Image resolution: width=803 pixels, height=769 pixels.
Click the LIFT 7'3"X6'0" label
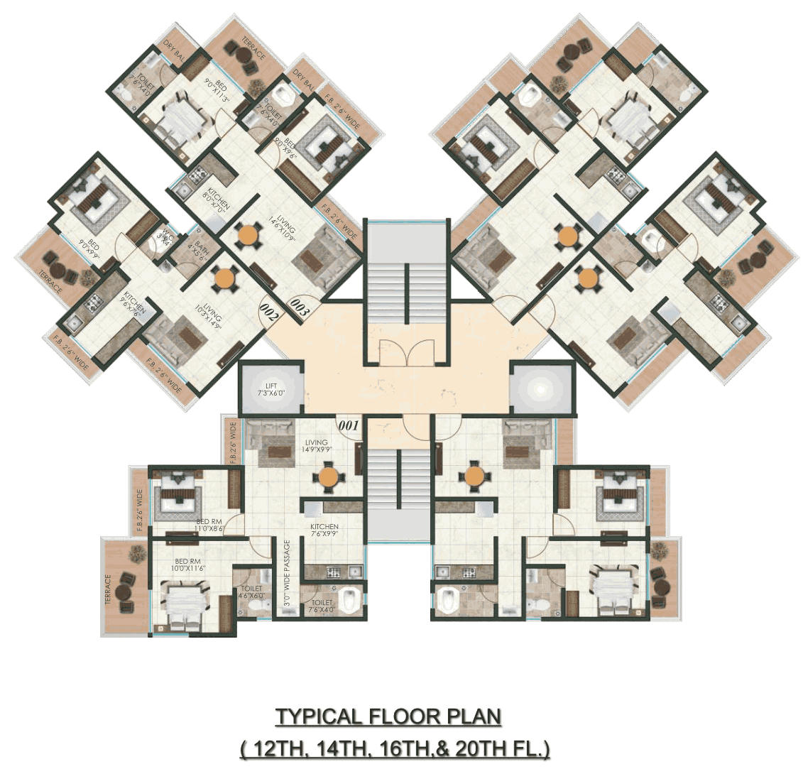[270, 388]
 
